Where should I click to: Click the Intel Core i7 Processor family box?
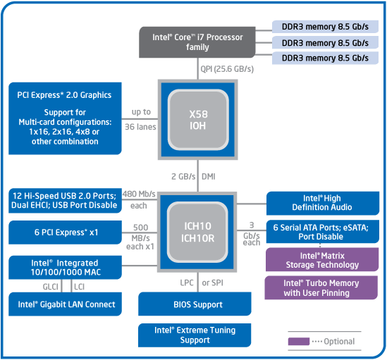(x=197, y=42)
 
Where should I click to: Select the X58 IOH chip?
(x=197, y=120)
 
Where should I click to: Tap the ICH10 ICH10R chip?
(x=197, y=232)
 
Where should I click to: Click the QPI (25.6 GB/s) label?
(x=227, y=69)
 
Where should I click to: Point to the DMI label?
(x=209, y=176)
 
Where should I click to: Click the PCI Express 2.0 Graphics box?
(x=65, y=118)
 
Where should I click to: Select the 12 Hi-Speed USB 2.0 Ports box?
(x=65, y=200)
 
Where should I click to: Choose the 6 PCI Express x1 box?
(x=65, y=232)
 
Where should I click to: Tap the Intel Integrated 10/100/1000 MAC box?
(x=65, y=268)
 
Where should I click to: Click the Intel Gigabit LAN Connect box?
(x=65, y=304)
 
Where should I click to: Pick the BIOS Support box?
(x=195, y=304)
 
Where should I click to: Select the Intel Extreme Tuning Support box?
(x=195, y=335)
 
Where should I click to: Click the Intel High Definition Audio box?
(x=323, y=203)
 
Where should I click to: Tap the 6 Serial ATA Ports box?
(x=323, y=232)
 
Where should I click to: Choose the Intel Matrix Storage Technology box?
(x=322, y=259)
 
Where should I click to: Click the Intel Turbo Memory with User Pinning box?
(x=321, y=287)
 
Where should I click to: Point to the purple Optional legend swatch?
(x=299, y=342)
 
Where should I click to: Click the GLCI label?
(x=51, y=287)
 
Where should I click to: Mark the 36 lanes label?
(x=140, y=127)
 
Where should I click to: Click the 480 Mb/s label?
(x=139, y=194)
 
